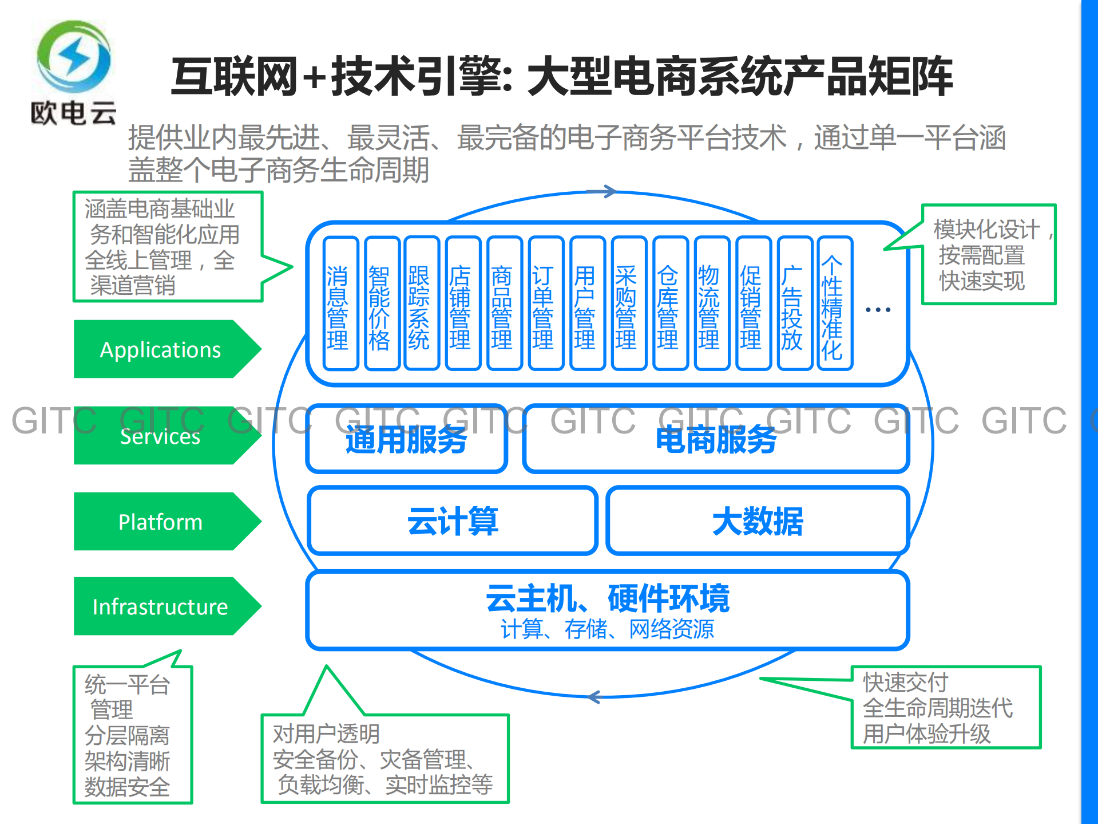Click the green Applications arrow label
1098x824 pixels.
point(161,349)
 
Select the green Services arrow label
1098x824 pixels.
point(161,436)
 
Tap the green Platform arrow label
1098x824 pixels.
point(161,522)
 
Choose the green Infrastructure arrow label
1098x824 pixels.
point(161,606)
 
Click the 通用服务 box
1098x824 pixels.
point(407,440)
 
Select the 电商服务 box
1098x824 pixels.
point(716,440)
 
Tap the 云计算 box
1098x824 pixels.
point(453,521)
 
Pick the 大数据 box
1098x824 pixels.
point(758,521)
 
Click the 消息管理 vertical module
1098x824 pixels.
point(340,303)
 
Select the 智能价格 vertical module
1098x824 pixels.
point(380,303)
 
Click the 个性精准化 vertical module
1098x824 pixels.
point(834,303)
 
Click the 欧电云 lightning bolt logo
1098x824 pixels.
point(74,58)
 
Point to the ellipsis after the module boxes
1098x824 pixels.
point(878,310)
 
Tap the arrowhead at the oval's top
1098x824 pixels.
point(610,192)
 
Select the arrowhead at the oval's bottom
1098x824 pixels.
point(594,697)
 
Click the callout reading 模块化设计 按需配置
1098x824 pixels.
point(988,254)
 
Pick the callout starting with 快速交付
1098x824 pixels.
point(945,707)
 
